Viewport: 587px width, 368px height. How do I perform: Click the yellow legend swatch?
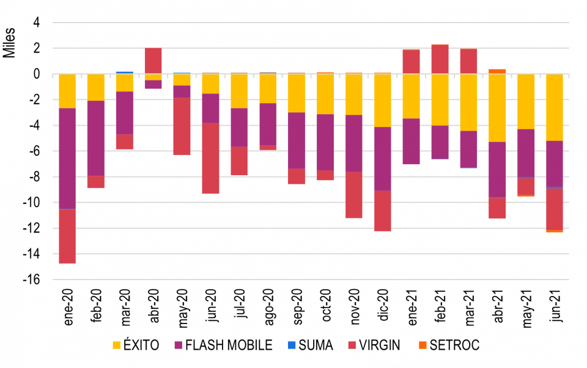[116, 345]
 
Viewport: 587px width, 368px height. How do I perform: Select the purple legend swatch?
[178, 345]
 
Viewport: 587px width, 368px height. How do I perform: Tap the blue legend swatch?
[292, 345]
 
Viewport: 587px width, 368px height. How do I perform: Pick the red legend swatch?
[352, 345]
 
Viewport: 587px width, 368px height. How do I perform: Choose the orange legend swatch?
[423, 345]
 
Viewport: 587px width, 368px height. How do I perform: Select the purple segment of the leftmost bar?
[67, 158]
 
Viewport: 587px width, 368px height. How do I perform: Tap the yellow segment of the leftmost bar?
[67, 91]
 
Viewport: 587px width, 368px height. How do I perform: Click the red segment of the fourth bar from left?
[153, 61]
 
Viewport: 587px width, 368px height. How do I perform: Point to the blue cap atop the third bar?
[125, 73]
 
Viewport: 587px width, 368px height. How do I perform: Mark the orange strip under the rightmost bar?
[555, 232]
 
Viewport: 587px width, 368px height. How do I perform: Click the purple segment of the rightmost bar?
[555, 164]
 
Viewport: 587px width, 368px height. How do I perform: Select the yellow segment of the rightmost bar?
[555, 107]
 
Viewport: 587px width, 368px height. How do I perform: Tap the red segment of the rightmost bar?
[555, 209]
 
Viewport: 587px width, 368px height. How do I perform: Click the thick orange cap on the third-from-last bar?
[497, 71]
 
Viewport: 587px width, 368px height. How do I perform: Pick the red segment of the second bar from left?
[95, 182]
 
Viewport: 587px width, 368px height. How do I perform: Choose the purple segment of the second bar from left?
[95, 138]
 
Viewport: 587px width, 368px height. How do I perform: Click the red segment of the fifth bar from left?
[182, 127]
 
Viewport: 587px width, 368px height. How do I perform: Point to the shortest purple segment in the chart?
[153, 85]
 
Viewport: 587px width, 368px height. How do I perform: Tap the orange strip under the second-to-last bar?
[526, 196]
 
